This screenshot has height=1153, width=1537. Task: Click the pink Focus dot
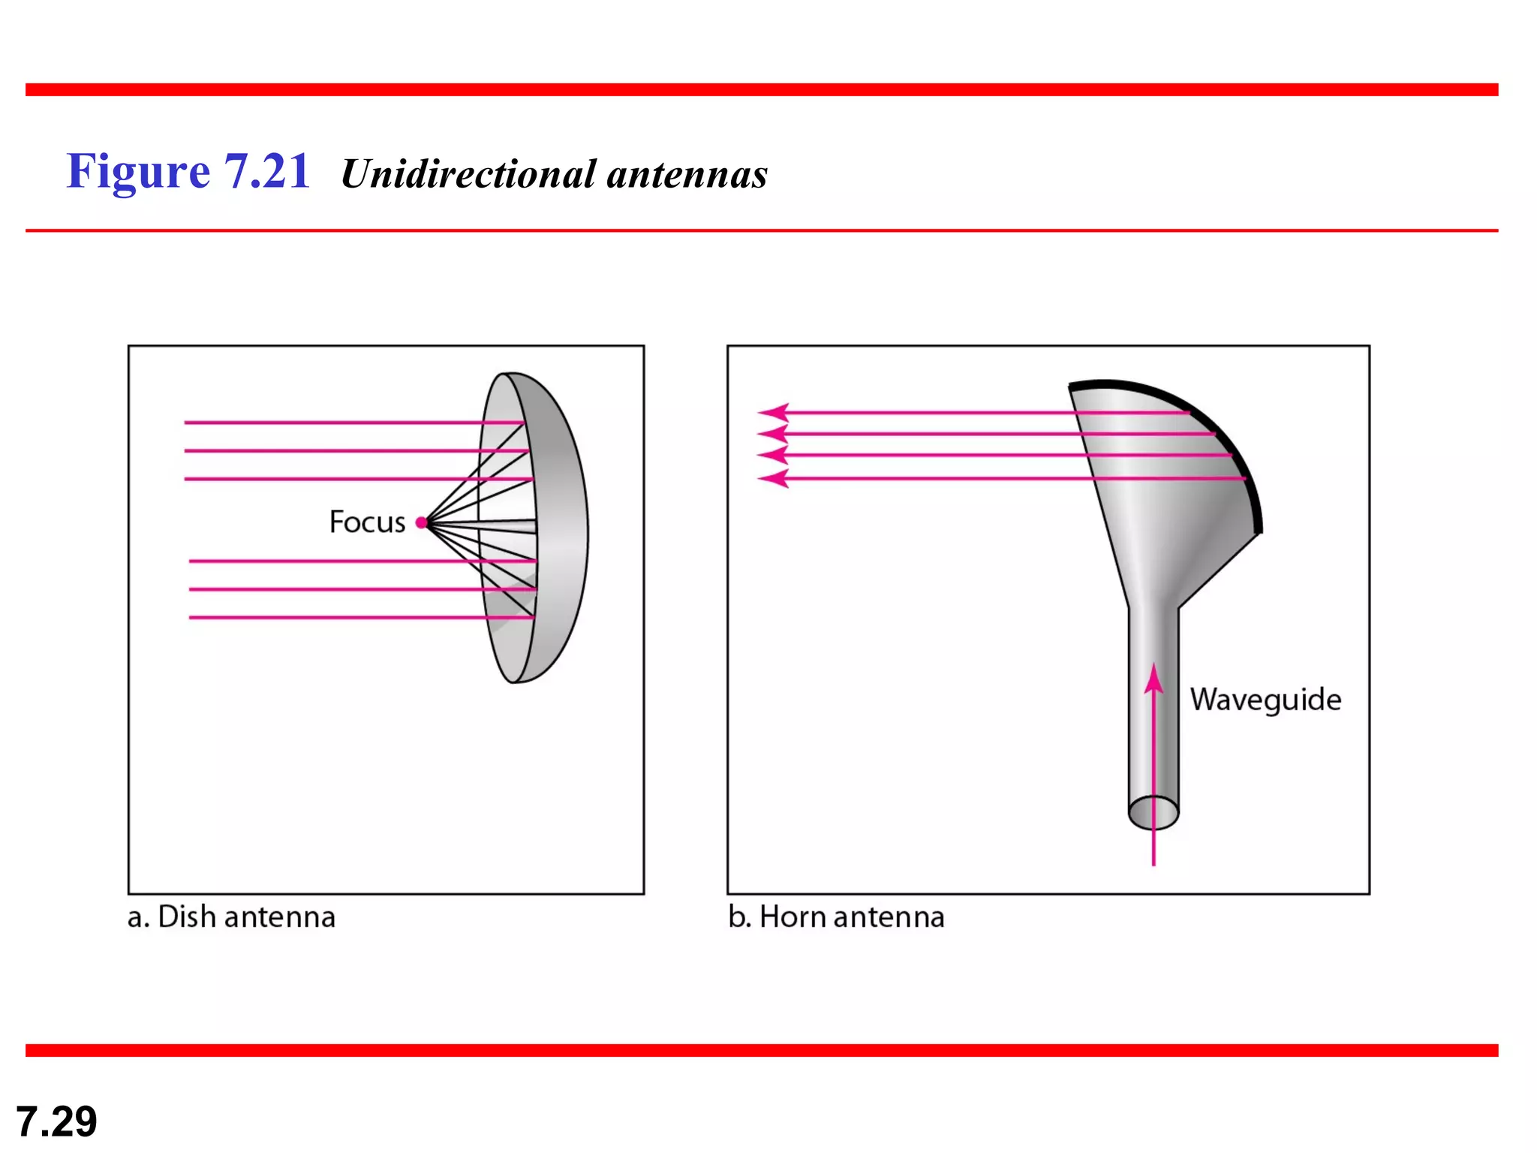[422, 522]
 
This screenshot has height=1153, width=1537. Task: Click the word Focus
[367, 522]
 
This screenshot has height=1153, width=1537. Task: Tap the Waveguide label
[1265, 700]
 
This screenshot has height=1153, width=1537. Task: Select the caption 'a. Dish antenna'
[231, 917]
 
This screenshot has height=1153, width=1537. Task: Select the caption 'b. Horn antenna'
[836, 917]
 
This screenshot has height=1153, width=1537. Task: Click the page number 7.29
[56, 1121]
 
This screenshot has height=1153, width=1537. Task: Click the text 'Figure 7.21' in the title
[188, 171]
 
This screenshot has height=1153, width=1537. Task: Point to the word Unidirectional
[468, 174]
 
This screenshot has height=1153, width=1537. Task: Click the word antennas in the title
[687, 174]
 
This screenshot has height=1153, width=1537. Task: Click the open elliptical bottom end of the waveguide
[1154, 813]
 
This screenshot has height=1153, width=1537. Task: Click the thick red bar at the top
[762, 90]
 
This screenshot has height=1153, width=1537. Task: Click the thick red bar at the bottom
[762, 1050]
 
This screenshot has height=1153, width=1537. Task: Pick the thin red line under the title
[762, 230]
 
